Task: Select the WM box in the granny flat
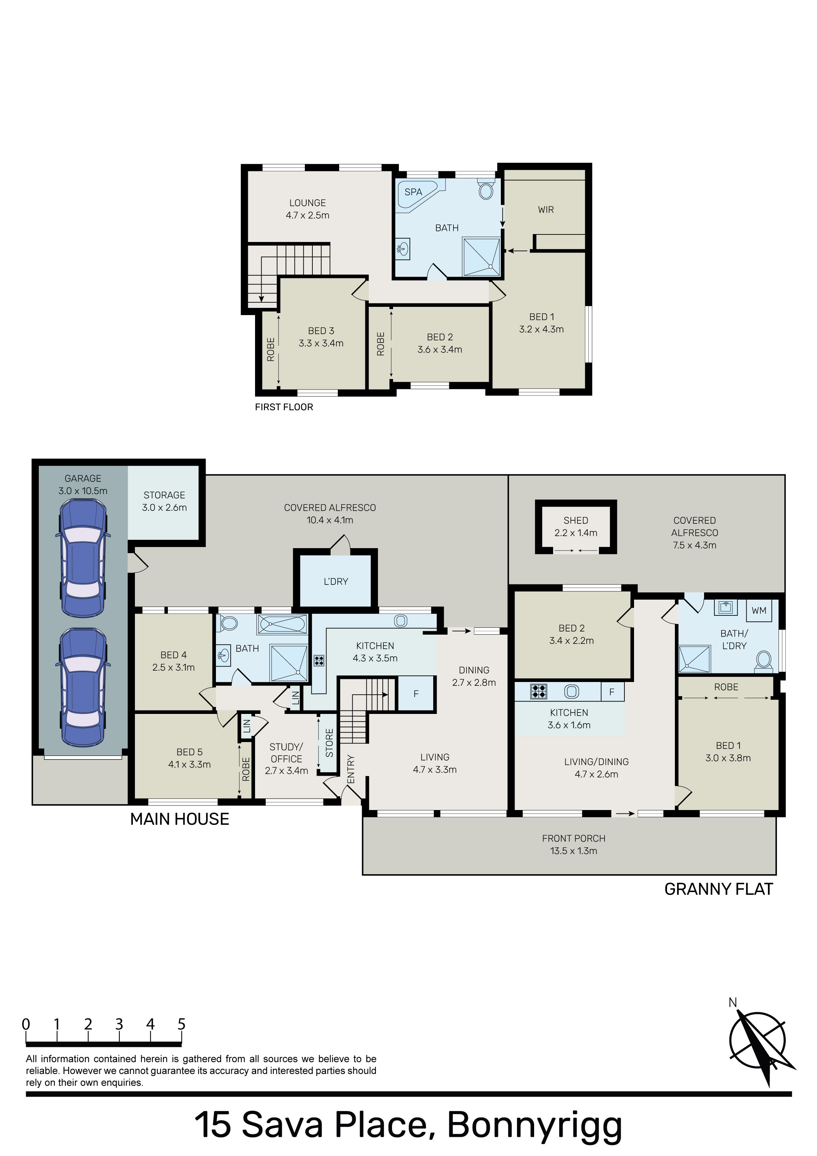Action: pyautogui.click(x=759, y=611)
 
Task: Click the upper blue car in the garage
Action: pyautogui.click(x=83, y=557)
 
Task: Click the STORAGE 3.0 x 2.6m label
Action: pyautogui.click(x=164, y=501)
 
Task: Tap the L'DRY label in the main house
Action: pyautogui.click(x=336, y=581)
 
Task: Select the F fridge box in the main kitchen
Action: pyautogui.click(x=416, y=694)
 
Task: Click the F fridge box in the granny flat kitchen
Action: pyautogui.click(x=612, y=692)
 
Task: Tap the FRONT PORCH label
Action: pyautogui.click(x=574, y=838)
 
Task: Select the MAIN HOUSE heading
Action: pyautogui.click(x=180, y=819)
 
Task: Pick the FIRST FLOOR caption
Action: pyautogui.click(x=284, y=407)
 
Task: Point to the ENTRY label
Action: pyautogui.click(x=351, y=769)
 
